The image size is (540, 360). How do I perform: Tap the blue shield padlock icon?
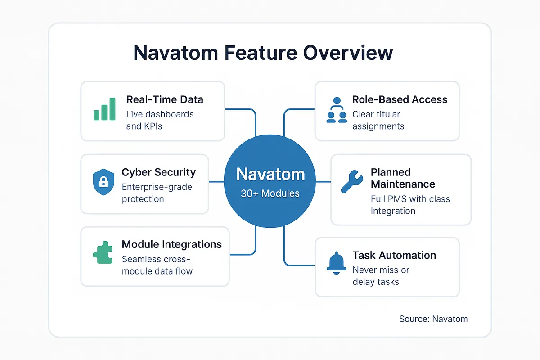click(x=103, y=182)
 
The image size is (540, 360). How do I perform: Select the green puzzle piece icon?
click(x=103, y=254)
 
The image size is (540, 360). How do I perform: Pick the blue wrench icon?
click(x=352, y=182)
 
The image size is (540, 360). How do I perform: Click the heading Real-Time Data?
click(x=165, y=99)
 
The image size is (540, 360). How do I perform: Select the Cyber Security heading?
click(x=158, y=172)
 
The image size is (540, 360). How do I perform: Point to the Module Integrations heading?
click(x=171, y=244)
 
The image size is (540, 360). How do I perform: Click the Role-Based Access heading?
click(x=400, y=99)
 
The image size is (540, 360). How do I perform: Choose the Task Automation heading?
click(x=394, y=255)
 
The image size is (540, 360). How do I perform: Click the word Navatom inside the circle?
click(x=270, y=175)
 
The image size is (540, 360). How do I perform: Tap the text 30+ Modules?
click(x=270, y=193)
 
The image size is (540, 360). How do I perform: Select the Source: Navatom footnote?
click(x=433, y=319)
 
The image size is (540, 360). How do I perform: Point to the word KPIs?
click(x=153, y=126)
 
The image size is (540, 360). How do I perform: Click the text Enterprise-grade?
click(x=157, y=187)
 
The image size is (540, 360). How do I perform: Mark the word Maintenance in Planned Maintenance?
click(x=403, y=184)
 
